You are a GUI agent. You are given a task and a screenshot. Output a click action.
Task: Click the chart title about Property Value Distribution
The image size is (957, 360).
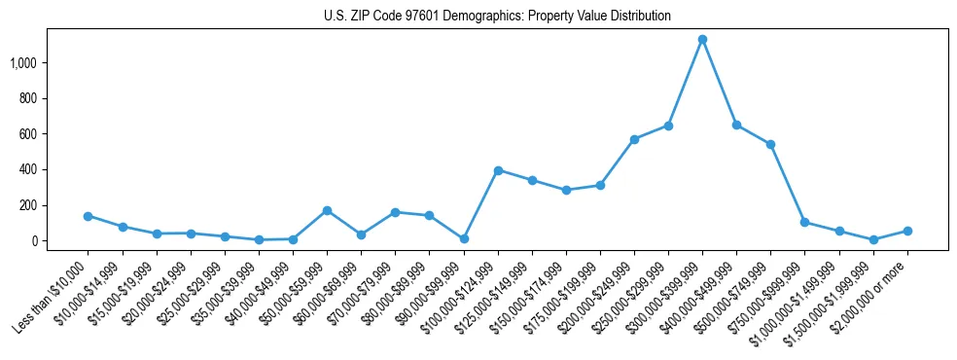click(x=497, y=17)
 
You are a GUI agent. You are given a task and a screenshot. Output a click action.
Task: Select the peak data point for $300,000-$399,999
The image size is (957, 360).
click(x=702, y=40)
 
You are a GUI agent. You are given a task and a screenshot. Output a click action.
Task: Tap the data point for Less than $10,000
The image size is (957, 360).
click(x=89, y=216)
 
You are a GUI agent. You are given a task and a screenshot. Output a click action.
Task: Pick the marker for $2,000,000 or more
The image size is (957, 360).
click(x=907, y=231)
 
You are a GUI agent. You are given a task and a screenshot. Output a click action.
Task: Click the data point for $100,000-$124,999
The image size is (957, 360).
click(x=498, y=170)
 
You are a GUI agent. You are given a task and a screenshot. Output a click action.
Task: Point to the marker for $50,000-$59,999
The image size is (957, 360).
click(x=327, y=210)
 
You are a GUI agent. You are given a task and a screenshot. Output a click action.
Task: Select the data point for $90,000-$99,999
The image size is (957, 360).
click(x=464, y=238)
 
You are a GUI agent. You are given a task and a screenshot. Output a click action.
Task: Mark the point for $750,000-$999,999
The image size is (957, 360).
click(x=804, y=222)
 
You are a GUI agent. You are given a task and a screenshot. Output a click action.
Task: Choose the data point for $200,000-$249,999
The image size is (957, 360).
click(x=634, y=139)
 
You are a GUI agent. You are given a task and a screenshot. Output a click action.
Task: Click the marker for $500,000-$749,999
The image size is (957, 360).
click(x=770, y=144)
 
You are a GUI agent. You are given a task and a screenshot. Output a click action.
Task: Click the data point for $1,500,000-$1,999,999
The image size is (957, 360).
click(x=873, y=239)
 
